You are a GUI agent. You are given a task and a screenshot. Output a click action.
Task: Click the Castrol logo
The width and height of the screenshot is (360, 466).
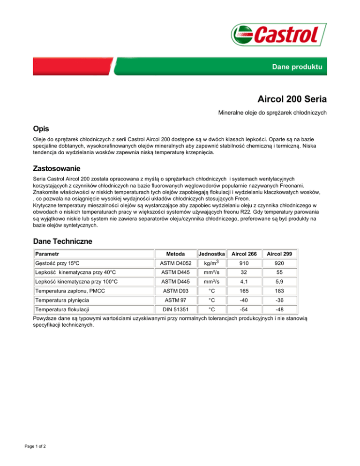(275, 35)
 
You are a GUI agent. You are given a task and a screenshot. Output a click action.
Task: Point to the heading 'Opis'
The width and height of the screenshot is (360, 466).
(41, 128)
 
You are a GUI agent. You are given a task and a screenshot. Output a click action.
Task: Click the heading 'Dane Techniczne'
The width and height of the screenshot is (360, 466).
(62, 241)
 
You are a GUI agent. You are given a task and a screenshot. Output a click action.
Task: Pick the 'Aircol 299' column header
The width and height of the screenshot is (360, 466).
(279, 254)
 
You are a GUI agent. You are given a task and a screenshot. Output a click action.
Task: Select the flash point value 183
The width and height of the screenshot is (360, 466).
(279, 291)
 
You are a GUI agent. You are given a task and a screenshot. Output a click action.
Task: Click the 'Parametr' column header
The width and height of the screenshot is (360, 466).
(48, 254)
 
